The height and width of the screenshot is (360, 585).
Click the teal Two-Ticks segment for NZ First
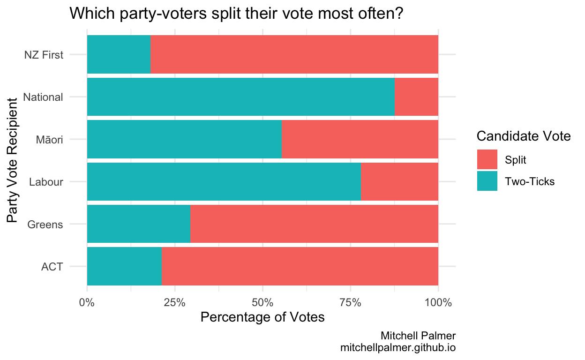click(119, 54)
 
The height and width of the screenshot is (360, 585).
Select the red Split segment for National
click(416, 97)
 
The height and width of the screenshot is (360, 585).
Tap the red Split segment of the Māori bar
click(360, 139)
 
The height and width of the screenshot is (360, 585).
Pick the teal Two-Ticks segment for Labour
click(224, 181)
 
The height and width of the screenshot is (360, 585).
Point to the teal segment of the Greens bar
click(138, 224)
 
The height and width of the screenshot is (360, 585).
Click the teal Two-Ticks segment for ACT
click(124, 266)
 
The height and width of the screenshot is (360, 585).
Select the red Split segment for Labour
click(399, 181)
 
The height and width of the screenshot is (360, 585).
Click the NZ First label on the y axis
click(44, 55)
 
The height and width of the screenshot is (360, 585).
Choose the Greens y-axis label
click(45, 225)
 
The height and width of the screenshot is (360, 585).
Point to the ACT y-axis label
click(52, 267)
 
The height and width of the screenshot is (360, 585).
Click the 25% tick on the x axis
click(174, 302)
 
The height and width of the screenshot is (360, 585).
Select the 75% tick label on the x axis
click(350, 302)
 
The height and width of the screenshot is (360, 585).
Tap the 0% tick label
click(87, 302)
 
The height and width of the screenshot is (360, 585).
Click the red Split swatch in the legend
click(487, 160)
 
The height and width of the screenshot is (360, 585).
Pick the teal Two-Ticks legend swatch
click(487, 181)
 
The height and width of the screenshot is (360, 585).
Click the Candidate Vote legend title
click(523, 136)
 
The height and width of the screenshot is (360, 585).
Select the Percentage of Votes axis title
click(262, 317)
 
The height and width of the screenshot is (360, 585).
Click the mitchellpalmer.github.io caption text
click(398, 348)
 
